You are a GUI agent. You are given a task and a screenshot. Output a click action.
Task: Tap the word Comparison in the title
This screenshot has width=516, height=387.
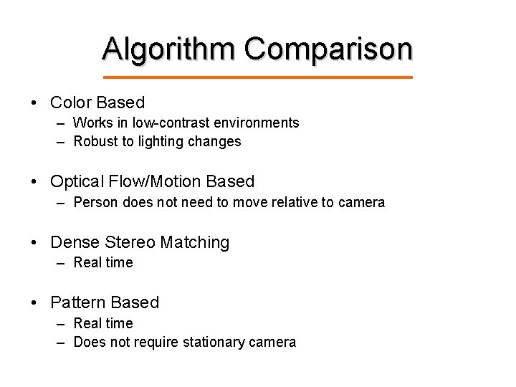(329, 49)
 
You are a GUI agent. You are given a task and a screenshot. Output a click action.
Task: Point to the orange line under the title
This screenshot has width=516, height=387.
(258, 77)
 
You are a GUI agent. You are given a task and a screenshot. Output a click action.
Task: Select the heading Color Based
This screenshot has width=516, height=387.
(97, 103)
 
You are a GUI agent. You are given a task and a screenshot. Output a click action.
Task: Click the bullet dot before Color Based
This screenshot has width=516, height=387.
(35, 103)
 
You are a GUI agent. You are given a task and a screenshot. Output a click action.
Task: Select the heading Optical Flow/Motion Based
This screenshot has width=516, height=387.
(152, 182)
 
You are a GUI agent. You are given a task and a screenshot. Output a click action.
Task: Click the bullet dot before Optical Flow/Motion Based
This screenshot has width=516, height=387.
(35, 182)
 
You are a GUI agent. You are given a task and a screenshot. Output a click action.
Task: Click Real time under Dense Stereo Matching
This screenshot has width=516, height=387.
(103, 262)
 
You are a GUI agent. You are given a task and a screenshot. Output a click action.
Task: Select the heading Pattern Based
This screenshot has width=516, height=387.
(105, 303)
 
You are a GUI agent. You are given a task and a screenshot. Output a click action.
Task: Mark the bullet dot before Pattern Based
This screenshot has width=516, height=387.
(35, 303)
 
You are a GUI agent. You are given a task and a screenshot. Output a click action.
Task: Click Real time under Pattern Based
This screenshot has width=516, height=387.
(103, 323)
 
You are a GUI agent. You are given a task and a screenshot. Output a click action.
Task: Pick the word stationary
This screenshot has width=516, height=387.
(214, 342)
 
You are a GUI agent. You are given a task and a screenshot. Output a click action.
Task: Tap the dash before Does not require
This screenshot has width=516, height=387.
(61, 342)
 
